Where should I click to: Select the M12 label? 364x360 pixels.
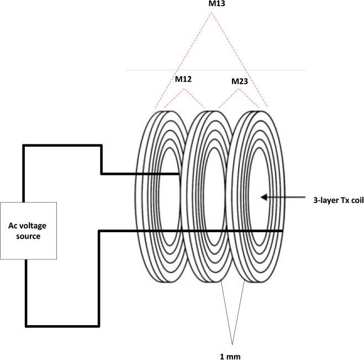point(183,79)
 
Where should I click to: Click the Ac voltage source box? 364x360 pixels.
point(28,231)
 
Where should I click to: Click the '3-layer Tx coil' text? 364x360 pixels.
point(337,200)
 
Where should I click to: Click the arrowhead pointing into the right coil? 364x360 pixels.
point(264,196)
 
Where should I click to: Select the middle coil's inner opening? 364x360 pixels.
point(212,196)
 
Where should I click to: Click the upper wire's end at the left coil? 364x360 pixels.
point(179,174)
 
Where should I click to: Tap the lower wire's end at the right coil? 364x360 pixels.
point(282,231)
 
